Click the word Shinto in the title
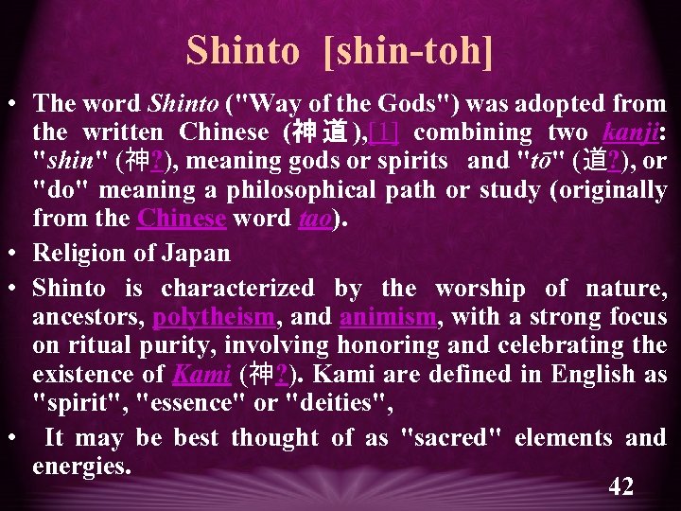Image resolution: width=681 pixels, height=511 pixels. click(242, 50)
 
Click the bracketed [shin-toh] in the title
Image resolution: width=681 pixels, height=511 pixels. click(409, 50)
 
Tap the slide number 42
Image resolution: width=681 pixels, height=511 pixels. click(621, 486)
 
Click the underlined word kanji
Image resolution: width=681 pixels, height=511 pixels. click(630, 132)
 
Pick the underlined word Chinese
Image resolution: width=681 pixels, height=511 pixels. click(182, 219)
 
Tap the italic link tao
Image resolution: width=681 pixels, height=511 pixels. click(315, 219)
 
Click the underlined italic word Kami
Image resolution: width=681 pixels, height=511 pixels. click(201, 374)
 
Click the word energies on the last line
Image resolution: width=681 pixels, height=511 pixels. click(81, 466)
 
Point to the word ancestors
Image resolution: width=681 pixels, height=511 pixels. click(86, 316)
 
